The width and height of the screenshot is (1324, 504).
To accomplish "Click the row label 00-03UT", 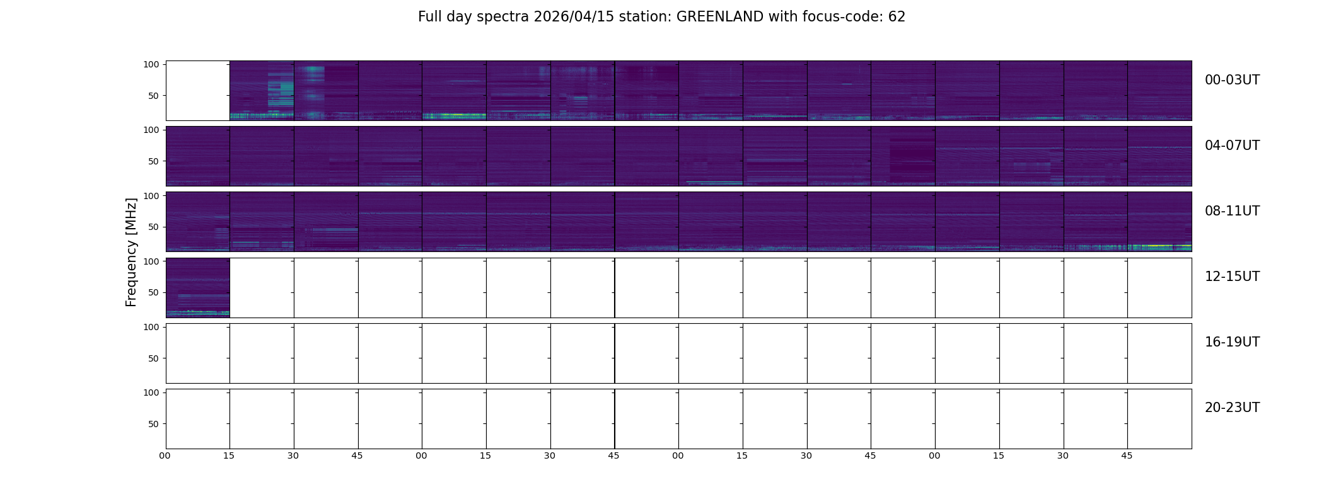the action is tap(1232, 80).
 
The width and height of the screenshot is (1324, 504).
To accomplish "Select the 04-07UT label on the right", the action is tap(1232, 146).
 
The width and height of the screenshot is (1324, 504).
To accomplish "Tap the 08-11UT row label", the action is tap(1232, 211).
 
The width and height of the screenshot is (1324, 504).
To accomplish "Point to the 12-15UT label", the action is tap(1232, 277).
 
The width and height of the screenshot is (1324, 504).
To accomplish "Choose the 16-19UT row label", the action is tap(1232, 342).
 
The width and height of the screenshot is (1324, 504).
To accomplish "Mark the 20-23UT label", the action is tap(1232, 408).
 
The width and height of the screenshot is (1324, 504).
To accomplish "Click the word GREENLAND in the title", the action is tap(720, 17).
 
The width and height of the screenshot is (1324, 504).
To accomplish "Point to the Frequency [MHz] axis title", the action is tap(131, 252).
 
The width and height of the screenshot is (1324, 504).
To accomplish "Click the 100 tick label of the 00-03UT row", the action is tap(151, 64).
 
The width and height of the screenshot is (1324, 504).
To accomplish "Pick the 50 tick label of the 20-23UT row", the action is tap(154, 424).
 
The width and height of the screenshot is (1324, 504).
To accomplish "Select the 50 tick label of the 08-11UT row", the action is tap(154, 227).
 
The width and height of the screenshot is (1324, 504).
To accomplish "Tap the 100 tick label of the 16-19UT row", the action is tap(151, 327).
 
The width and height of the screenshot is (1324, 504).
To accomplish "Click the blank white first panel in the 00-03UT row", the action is tap(198, 91).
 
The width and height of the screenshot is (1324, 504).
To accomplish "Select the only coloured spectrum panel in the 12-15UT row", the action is tap(198, 288).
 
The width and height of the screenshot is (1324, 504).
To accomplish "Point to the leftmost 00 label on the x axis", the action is tap(165, 455).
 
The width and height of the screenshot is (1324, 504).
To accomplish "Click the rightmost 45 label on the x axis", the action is tap(1127, 455).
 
